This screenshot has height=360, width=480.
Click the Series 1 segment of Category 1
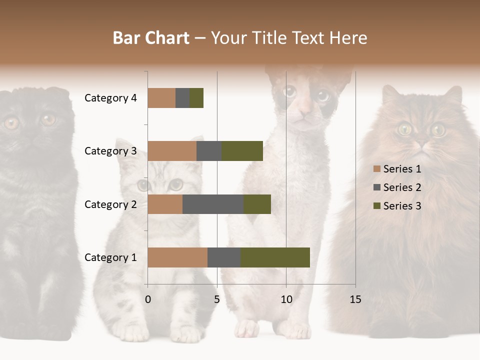[177, 257]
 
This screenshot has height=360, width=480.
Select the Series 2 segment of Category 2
[212, 204]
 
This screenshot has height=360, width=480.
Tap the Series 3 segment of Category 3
[242, 151]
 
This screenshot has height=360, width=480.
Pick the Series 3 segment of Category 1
[275, 257]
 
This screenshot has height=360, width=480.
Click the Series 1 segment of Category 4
[161, 98]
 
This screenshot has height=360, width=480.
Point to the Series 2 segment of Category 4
[182, 98]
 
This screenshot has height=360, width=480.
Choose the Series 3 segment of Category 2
[257, 204]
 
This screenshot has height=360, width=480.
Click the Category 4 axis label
[110, 98]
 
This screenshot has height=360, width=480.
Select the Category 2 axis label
[110, 204]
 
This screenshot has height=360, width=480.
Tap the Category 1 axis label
[110, 257]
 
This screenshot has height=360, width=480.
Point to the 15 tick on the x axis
[355, 299]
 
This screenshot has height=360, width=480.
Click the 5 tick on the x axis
[217, 299]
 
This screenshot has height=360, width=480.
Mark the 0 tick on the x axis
[148, 299]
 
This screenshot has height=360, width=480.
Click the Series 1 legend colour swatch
[376, 169]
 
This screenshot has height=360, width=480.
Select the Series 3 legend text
[402, 206]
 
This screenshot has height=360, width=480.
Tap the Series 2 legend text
[402, 187]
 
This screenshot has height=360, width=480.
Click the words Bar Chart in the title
[151, 38]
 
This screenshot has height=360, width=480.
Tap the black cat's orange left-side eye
[11, 122]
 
